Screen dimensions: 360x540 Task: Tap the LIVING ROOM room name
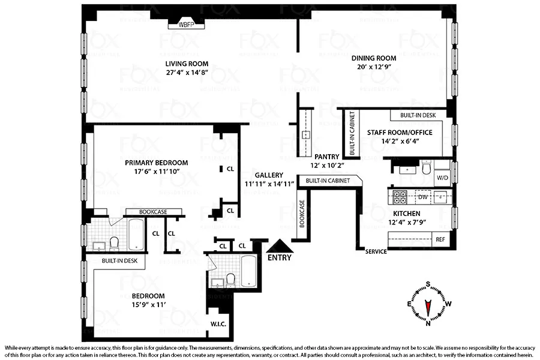(187, 64)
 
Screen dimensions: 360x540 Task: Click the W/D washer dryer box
(442, 178)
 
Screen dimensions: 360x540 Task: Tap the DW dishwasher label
(422, 196)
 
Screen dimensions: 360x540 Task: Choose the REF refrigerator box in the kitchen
(440, 239)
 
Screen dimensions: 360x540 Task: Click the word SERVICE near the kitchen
(376, 251)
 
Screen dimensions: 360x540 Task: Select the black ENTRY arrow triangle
(280, 246)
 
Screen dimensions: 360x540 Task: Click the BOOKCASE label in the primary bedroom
(153, 212)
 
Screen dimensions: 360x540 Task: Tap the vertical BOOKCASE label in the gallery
(302, 214)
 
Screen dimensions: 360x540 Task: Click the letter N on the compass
(428, 323)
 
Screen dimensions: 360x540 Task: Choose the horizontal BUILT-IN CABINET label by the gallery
(328, 181)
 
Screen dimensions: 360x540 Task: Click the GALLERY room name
(269, 175)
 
